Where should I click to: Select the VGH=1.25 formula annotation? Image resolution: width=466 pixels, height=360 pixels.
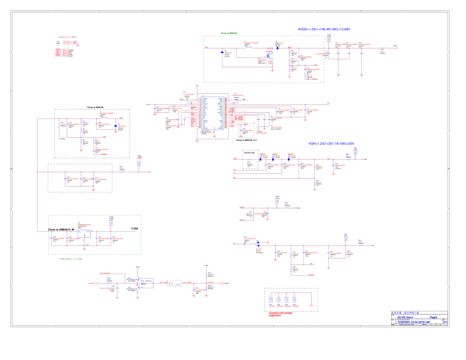[331, 144]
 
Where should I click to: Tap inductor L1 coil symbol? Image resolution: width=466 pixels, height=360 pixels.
[249, 47]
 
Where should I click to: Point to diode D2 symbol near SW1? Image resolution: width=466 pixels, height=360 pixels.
[221, 52]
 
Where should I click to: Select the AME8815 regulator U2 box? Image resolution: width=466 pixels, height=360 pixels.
[84, 234]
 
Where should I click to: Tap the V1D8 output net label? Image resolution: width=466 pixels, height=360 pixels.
[135, 229]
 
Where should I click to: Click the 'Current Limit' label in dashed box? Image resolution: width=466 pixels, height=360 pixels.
[250, 153]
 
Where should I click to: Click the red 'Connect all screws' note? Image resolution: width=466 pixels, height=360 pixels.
[280, 314]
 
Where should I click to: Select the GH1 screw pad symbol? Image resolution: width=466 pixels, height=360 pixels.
[271, 300]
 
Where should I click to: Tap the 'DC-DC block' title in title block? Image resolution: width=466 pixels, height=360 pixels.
[405, 317]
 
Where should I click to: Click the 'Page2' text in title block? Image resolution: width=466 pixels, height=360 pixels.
[433, 317]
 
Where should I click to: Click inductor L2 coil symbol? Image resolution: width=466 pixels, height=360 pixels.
[104, 118]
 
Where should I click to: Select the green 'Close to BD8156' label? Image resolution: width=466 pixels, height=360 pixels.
[229, 33]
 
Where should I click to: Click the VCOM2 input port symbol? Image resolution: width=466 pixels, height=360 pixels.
[91, 283]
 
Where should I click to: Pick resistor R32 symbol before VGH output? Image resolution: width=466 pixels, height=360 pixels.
[348, 160]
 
